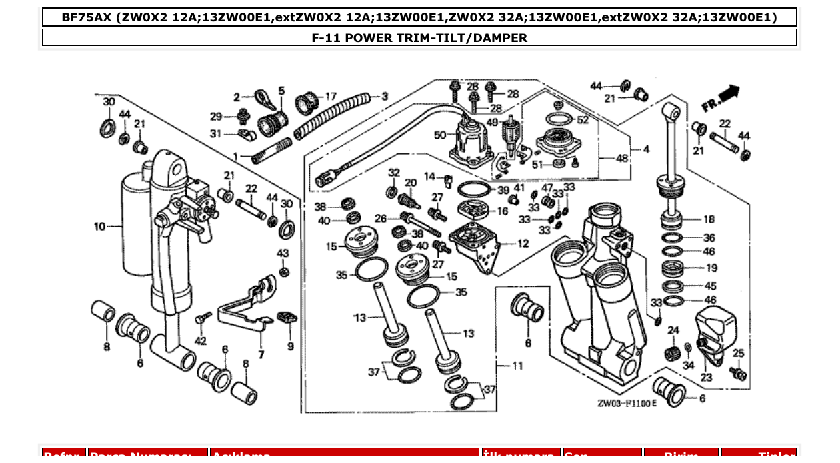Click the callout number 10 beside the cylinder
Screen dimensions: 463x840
tap(99, 227)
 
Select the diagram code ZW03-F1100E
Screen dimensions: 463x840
tap(627, 404)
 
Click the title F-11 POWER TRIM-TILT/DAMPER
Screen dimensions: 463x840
tap(419, 38)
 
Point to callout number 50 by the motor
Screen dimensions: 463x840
tap(440, 135)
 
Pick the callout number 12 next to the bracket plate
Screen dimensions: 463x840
tap(523, 244)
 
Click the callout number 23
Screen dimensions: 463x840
tap(707, 378)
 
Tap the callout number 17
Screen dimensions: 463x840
tap(331, 97)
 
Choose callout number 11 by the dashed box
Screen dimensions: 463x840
tap(517, 366)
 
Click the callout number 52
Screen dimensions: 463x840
tap(583, 120)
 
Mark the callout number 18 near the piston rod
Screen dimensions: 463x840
tap(709, 219)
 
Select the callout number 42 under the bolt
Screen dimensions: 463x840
tap(200, 341)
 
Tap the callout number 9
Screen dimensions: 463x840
tap(291, 346)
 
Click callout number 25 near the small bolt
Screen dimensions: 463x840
tap(738, 353)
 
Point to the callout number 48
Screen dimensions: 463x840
tap(622, 159)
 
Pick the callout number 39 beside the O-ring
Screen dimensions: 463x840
tap(503, 190)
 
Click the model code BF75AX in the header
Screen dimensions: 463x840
tap(87, 17)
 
